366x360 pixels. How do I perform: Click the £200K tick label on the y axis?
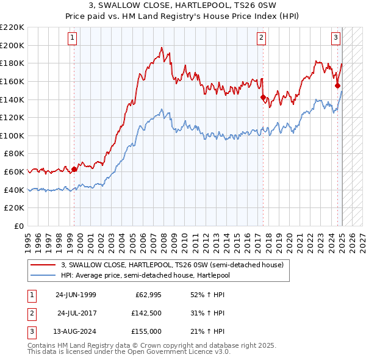point(12,45)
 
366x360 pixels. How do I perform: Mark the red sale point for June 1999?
point(74,169)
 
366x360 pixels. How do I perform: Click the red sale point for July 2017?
point(263,97)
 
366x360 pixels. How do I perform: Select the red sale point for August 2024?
point(337,86)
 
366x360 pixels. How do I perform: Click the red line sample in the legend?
point(42,265)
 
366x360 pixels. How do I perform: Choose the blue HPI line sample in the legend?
point(42,275)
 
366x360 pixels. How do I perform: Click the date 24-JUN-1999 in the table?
point(76,295)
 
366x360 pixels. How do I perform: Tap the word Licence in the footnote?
point(179,352)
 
